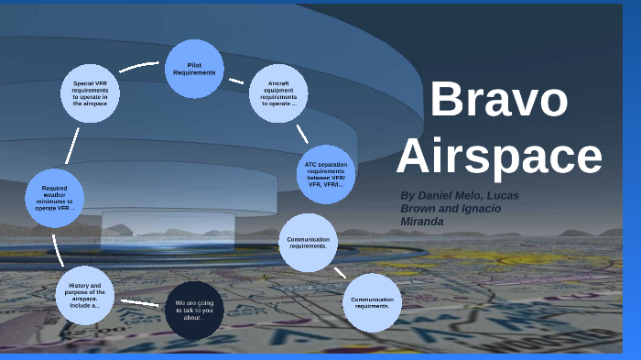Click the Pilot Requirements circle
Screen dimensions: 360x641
[x=194, y=69]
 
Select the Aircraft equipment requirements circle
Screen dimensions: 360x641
[x=278, y=93]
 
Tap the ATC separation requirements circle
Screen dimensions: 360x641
[x=327, y=173]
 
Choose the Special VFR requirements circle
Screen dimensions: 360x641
[x=90, y=93]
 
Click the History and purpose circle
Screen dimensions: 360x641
[x=84, y=295]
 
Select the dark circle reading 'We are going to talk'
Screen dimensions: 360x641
[x=194, y=310]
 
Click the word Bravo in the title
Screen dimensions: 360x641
[x=498, y=99]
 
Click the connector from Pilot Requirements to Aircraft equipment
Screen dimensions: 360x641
[x=235, y=81]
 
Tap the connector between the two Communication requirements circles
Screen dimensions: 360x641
[x=340, y=272]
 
